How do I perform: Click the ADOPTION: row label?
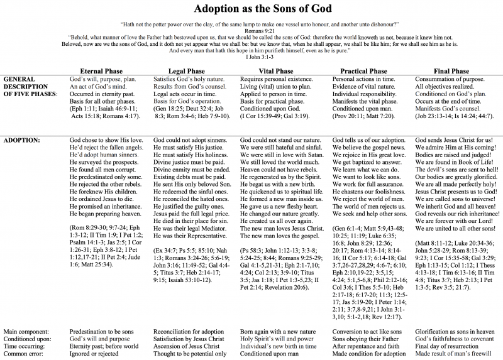point(23,139)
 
